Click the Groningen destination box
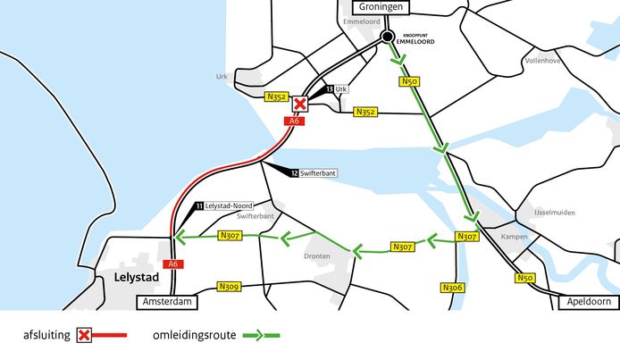(372, 7)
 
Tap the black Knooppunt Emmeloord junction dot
(387, 37)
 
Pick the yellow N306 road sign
(452, 288)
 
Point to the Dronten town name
(317, 256)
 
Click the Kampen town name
(515, 237)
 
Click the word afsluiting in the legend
(46, 336)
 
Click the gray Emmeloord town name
(363, 21)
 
